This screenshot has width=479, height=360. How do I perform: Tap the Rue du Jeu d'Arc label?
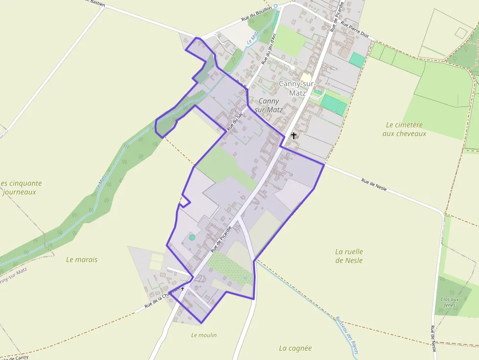269,48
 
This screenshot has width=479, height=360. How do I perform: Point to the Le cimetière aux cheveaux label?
404,129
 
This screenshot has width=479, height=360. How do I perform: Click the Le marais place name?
82,259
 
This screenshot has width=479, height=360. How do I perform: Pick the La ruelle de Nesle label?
349,256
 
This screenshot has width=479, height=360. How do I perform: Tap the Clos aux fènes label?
450,302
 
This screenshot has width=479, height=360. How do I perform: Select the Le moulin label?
204,335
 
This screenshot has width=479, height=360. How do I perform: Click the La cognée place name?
295,348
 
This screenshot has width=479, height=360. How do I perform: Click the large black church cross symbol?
294,135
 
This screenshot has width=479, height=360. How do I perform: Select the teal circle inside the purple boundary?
192,237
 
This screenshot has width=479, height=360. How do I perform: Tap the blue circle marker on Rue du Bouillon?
276,6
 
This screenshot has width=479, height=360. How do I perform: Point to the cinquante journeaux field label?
21,188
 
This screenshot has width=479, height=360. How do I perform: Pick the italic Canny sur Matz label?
269,106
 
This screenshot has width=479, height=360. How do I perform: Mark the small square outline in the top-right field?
461,33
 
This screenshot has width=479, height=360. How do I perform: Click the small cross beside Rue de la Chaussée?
183,289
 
